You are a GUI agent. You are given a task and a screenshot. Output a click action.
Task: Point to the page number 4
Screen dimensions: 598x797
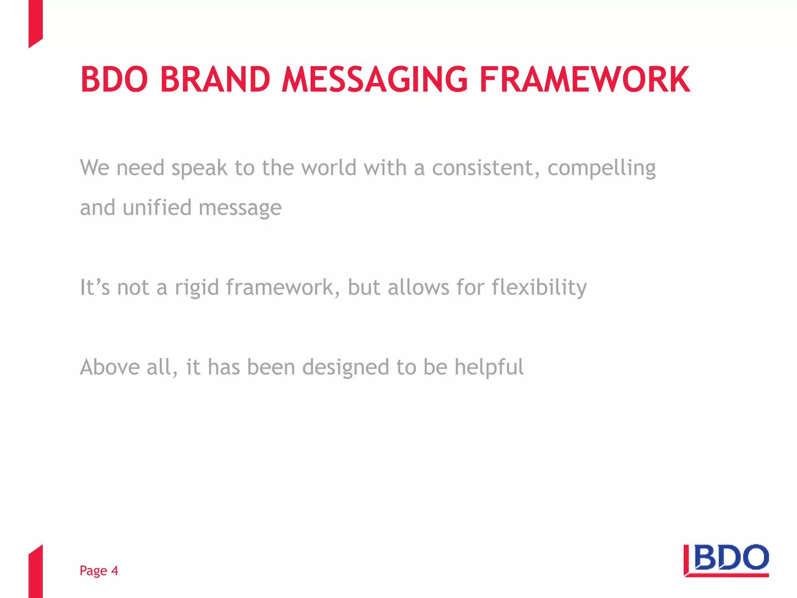coord(114,570)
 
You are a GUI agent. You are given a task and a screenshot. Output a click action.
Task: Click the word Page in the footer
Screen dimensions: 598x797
coord(93,570)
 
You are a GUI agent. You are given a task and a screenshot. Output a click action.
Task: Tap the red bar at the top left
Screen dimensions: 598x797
coord(35,21)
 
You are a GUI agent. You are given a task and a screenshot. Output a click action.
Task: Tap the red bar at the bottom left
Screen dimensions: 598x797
coord(35,572)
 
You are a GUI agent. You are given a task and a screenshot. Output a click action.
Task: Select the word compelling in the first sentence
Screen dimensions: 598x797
coord(601,168)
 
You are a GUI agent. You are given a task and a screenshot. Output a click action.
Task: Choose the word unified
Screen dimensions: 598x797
coord(157,207)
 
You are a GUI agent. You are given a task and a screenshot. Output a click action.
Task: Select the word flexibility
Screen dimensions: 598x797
coord(539,287)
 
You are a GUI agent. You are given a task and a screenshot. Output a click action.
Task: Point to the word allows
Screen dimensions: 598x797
coord(418,287)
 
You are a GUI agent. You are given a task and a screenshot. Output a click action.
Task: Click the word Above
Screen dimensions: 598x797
coord(109,367)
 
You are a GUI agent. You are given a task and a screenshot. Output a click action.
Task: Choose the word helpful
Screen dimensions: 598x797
coord(489,367)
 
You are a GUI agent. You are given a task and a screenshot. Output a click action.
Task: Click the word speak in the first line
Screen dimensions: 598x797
coord(199,168)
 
